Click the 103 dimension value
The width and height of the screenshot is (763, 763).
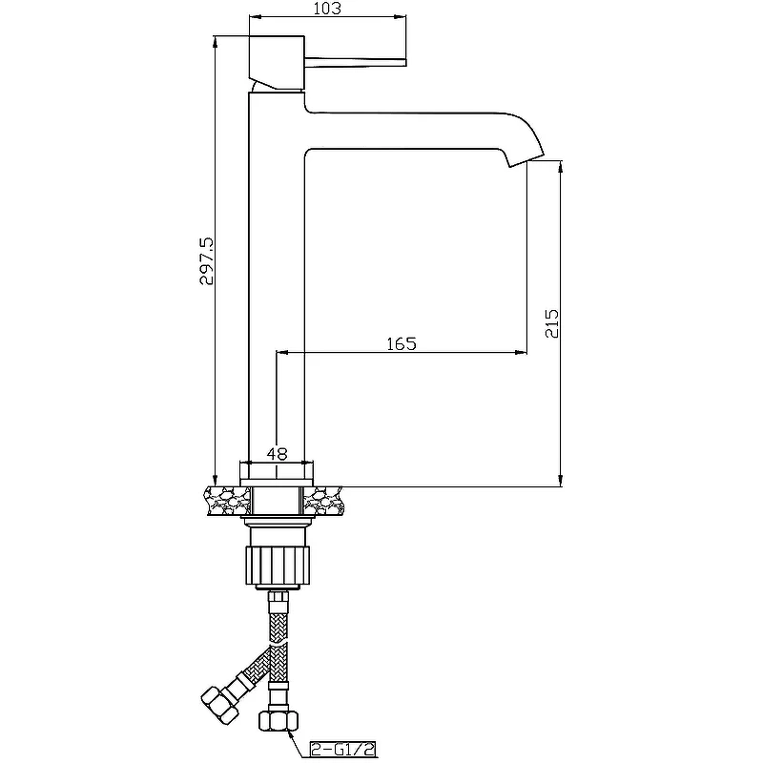(x=327, y=9)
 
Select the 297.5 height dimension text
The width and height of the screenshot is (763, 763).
(x=206, y=260)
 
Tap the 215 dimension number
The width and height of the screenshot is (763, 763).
(x=552, y=323)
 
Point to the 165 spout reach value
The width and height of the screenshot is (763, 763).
(x=402, y=343)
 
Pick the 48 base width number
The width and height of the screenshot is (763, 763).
(x=277, y=454)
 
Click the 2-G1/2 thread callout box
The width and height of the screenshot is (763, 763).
(x=343, y=749)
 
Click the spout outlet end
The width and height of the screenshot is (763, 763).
(x=526, y=161)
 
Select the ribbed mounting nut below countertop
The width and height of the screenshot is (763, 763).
(x=278, y=565)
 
